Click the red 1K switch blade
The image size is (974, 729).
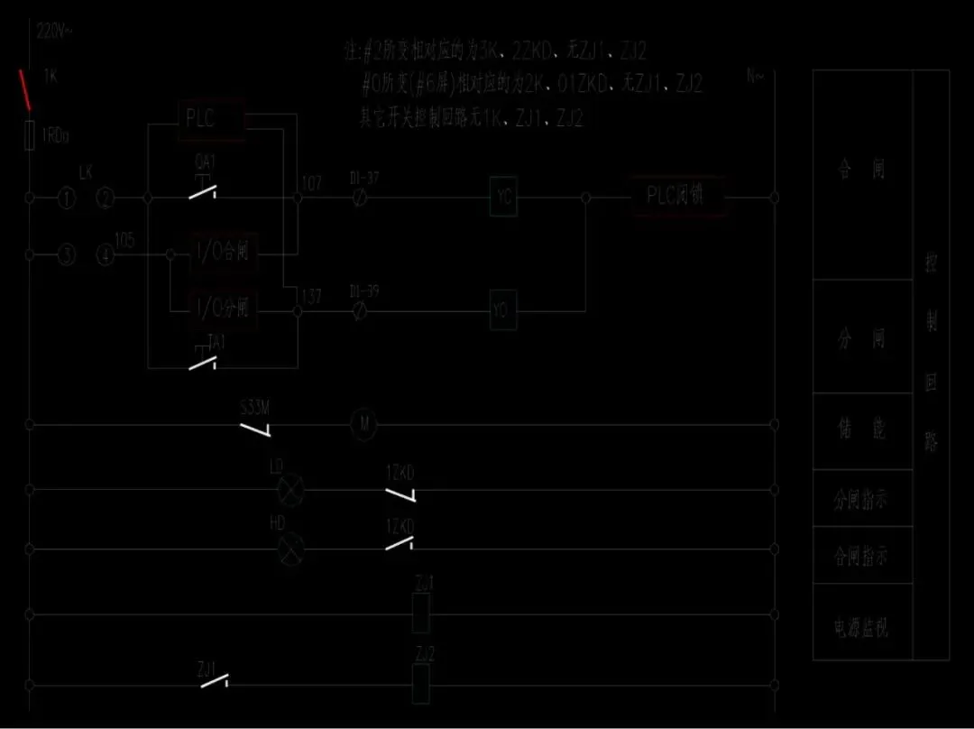26,90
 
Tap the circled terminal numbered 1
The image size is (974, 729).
67,198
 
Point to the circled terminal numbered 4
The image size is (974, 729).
106,256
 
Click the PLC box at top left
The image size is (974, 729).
211,119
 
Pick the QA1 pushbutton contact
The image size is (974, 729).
207,192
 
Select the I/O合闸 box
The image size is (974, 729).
223,254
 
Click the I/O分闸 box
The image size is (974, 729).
223,308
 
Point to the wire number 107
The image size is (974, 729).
312,184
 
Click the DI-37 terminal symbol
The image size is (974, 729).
361,197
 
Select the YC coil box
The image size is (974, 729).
504,197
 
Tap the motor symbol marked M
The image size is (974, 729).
363,424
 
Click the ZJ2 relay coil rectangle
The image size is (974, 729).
421,683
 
